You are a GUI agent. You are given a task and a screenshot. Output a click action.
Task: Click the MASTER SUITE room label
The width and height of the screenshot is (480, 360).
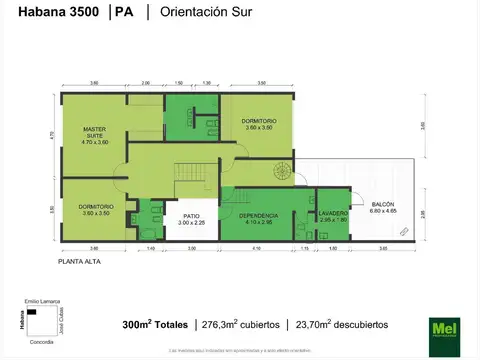[95, 134]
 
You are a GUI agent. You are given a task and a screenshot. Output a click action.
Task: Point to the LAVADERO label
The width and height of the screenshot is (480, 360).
[333, 213]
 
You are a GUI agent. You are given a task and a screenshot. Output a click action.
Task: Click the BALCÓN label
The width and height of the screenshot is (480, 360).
[383, 204]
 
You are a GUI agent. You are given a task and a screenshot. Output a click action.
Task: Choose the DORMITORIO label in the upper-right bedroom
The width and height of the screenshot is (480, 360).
[259, 121]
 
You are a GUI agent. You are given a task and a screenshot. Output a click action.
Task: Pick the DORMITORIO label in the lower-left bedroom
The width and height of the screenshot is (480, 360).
[96, 206]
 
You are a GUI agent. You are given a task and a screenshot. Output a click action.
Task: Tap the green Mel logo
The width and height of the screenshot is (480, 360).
[442, 326]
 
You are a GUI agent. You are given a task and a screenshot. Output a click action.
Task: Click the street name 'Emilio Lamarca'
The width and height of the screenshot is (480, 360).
[38, 302]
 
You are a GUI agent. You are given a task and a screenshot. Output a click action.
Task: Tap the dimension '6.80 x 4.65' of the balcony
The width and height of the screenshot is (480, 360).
[383, 211]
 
